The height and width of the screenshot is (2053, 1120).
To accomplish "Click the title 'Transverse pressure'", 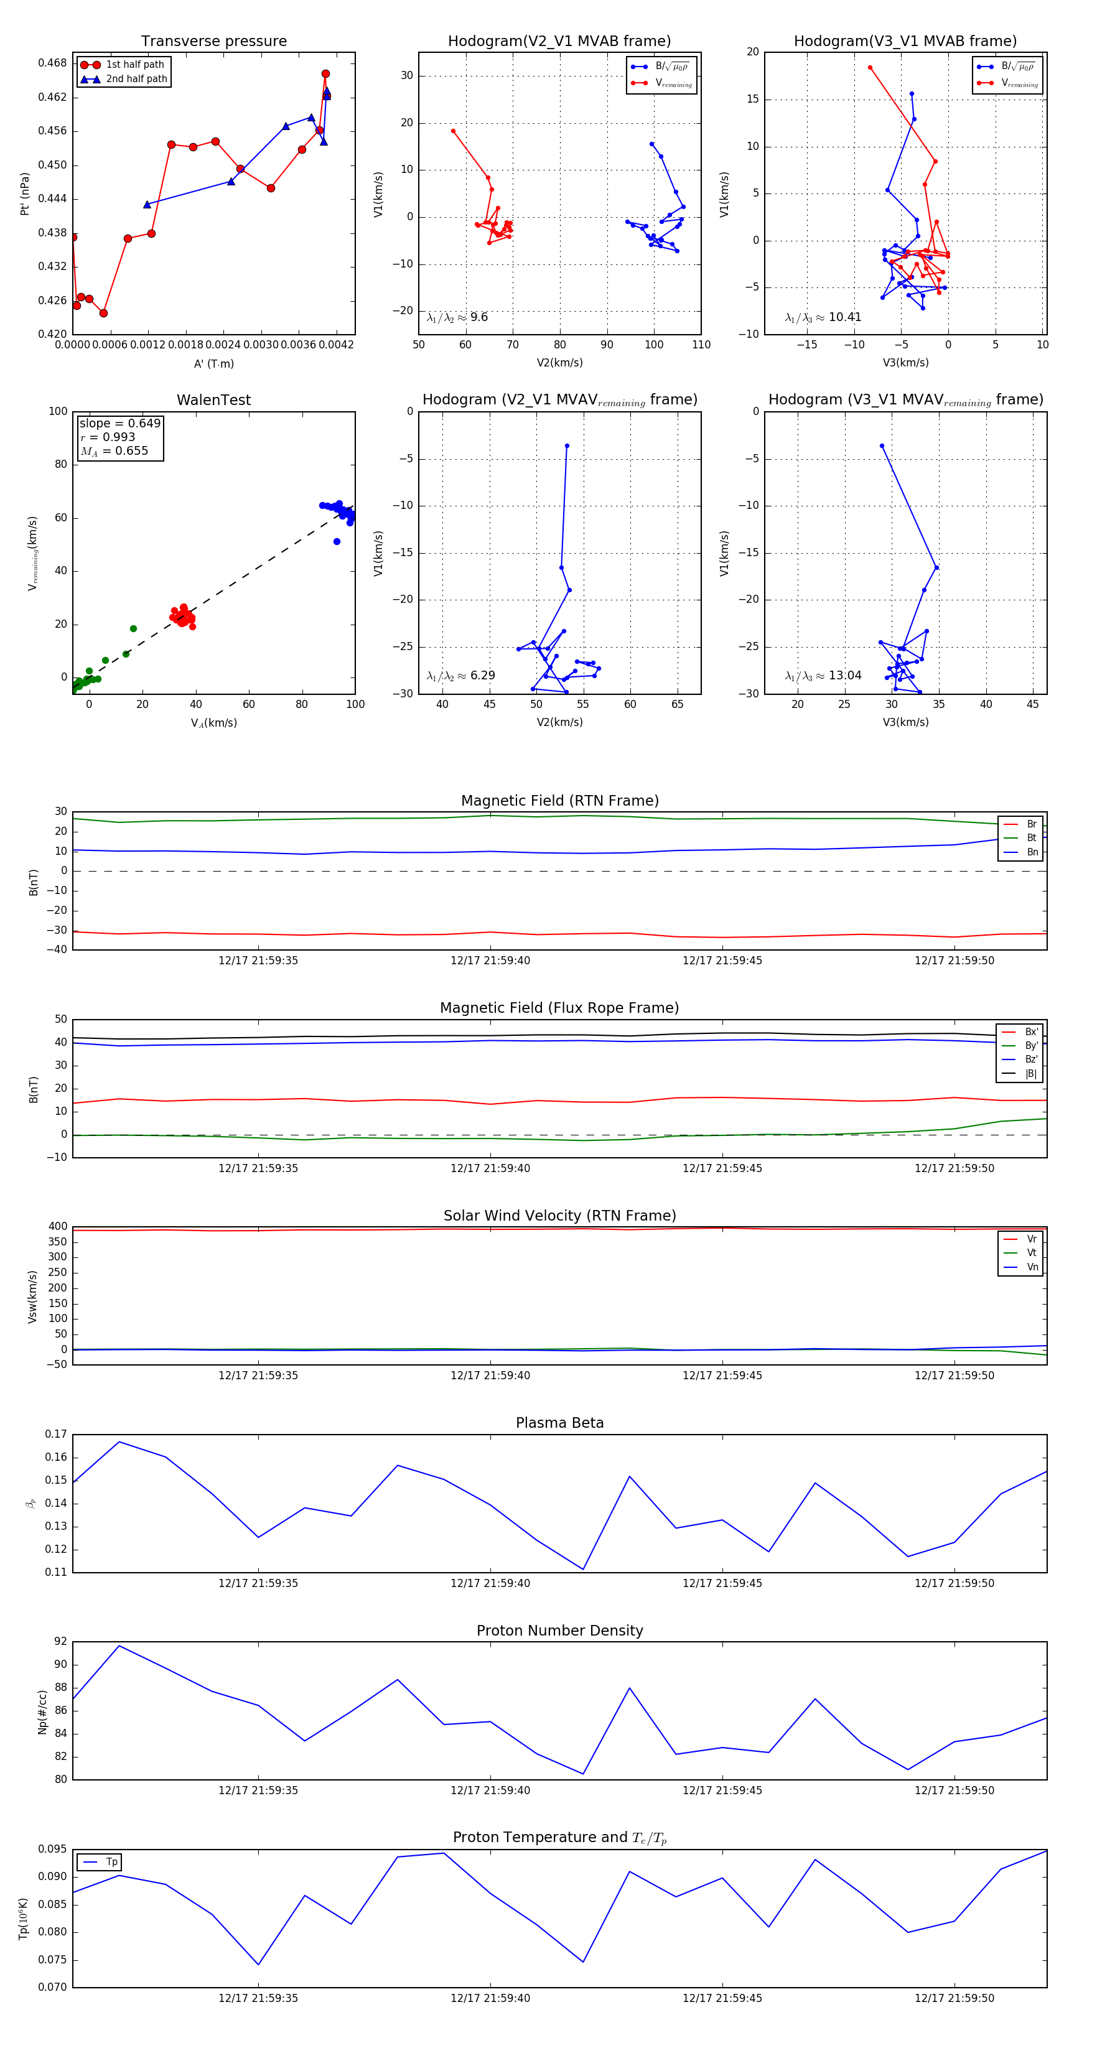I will (x=213, y=42).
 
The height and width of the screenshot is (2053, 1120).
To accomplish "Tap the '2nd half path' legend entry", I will (x=136, y=79).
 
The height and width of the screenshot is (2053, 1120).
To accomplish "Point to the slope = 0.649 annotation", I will (x=119, y=423).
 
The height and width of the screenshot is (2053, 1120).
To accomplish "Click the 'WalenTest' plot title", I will (x=213, y=400).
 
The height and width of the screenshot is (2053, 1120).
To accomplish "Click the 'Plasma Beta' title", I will (x=559, y=1423).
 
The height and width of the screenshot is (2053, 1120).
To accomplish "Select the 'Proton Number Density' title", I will (x=559, y=1630).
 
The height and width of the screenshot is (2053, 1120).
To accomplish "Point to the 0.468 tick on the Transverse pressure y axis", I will (x=53, y=63).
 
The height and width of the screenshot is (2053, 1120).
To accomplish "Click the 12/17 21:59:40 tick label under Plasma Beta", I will (x=490, y=1583).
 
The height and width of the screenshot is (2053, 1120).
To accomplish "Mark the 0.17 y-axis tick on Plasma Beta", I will (x=56, y=1434).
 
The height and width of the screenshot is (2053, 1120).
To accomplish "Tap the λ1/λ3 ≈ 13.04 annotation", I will (x=823, y=676).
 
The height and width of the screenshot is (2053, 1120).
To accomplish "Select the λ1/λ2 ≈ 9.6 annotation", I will (x=457, y=317).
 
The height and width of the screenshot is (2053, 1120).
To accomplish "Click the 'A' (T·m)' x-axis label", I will (x=213, y=363).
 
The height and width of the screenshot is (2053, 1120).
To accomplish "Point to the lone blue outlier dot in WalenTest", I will (x=337, y=542).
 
